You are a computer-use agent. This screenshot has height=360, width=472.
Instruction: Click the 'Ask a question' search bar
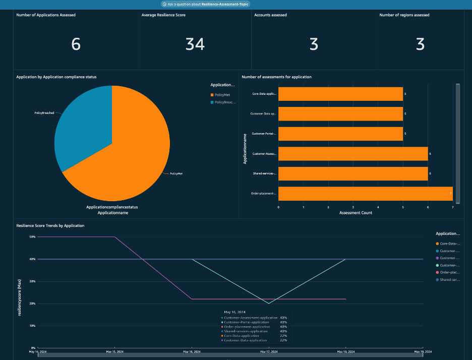pyautogui.click(x=205, y=4)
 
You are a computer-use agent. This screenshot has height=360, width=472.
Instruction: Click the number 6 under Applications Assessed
pyautogui.click(x=76, y=44)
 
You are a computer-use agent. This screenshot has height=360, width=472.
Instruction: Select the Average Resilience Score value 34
pyautogui.click(x=195, y=44)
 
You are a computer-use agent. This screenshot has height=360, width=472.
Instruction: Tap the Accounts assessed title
pyautogui.click(x=271, y=15)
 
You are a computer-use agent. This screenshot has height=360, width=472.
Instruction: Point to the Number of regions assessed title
pyautogui.click(x=404, y=15)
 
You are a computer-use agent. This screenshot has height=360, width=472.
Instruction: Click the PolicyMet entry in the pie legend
pyautogui.click(x=223, y=95)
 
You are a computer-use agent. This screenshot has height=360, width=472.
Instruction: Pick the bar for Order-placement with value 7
pyautogui.click(x=365, y=194)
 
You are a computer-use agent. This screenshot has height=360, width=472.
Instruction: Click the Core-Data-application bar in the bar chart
pyautogui.click(x=340, y=94)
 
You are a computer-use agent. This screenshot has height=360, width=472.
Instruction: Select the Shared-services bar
pyautogui.click(x=352, y=173)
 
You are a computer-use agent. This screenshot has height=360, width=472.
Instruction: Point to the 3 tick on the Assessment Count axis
pyautogui.click(x=353, y=207)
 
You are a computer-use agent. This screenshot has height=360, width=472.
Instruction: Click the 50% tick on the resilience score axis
pyautogui.click(x=32, y=236)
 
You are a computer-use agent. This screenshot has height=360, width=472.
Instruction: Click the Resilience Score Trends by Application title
pyautogui.click(x=50, y=225)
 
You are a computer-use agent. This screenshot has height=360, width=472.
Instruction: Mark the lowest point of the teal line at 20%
pyautogui.click(x=268, y=303)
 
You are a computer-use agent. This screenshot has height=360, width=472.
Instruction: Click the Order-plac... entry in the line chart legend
pyautogui.click(x=449, y=272)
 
